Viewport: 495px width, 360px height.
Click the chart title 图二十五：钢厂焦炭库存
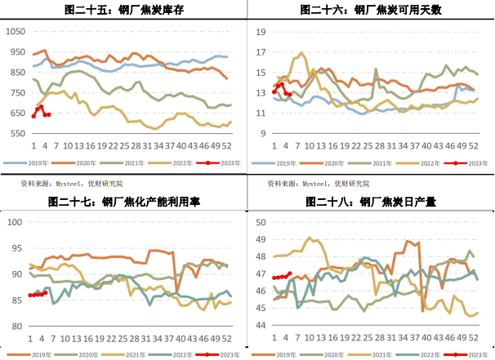[124, 10]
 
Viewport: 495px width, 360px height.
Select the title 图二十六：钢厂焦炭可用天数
[371, 10]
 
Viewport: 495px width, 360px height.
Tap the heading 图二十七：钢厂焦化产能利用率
[124, 202]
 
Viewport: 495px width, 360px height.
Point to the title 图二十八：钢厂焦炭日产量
[371, 202]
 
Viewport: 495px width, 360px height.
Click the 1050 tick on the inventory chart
[16, 31]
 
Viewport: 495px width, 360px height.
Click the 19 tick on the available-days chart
[261, 32]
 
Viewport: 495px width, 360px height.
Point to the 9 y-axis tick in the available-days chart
[263, 133]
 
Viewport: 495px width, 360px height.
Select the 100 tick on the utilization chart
[15, 222]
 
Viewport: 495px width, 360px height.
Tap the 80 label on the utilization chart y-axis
[17, 327]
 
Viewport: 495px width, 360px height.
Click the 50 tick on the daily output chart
[261, 222]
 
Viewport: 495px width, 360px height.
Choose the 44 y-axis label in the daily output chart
[261, 325]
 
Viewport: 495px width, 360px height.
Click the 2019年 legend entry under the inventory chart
[26, 163]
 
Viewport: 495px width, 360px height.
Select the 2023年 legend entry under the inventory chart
[218, 163]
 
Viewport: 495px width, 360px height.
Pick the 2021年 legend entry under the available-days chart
[370, 163]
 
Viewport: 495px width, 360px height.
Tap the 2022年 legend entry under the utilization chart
[171, 355]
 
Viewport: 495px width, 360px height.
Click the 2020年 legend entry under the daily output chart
[321, 355]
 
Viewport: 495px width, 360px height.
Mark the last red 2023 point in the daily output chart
[290, 273]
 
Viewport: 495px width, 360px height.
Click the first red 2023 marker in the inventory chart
[33, 117]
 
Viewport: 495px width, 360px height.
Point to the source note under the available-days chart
[319, 184]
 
